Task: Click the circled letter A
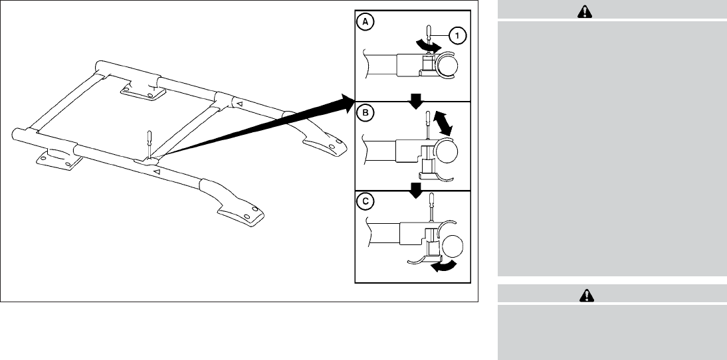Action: pos(365,22)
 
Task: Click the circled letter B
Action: pos(365,113)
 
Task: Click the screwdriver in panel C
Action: pos(431,211)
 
